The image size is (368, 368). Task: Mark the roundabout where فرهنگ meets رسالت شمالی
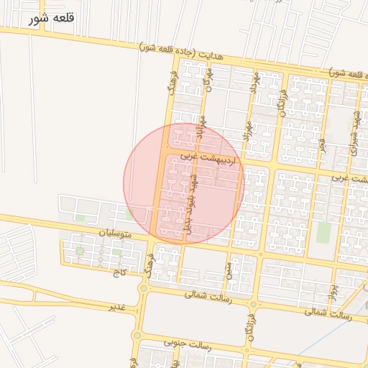(x=144, y=289)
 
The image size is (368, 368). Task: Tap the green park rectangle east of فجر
(x=324, y=231)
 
